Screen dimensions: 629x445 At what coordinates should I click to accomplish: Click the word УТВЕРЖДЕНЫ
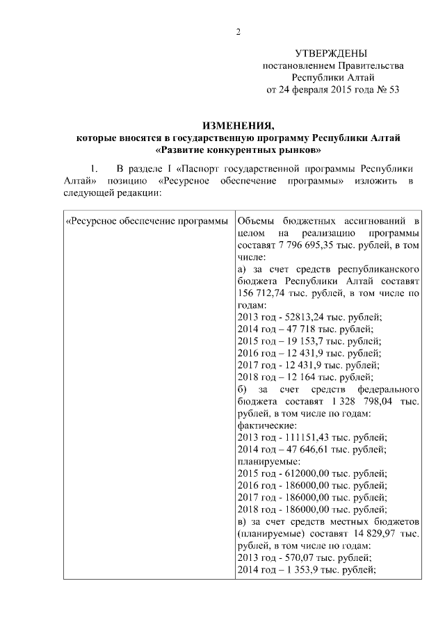[332, 54]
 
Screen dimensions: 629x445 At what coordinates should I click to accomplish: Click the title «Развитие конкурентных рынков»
[238, 149]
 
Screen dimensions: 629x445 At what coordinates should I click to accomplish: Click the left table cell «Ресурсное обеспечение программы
[146, 222]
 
